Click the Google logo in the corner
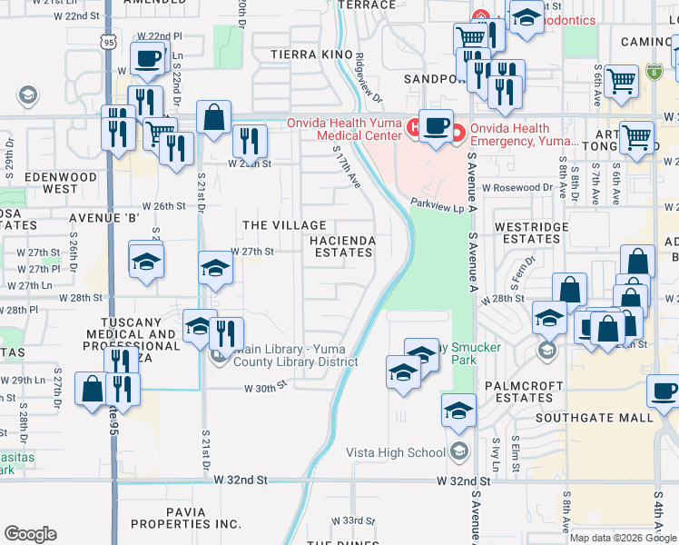[x=31, y=534]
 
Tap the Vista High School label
[x=396, y=452]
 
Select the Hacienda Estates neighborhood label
[x=342, y=245]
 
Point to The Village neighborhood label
[x=283, y=224]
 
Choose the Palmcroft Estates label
[x=518, y=391]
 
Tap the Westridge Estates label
[x=531, y=233]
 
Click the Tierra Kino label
[x=311, y=55]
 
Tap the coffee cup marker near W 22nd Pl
[x=146, y=59]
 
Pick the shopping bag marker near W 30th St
[x=93, y=388]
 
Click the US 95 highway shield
[x=109, y=42]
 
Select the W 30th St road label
[x=265, y=386]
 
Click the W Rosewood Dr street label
[x=517, y=188]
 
